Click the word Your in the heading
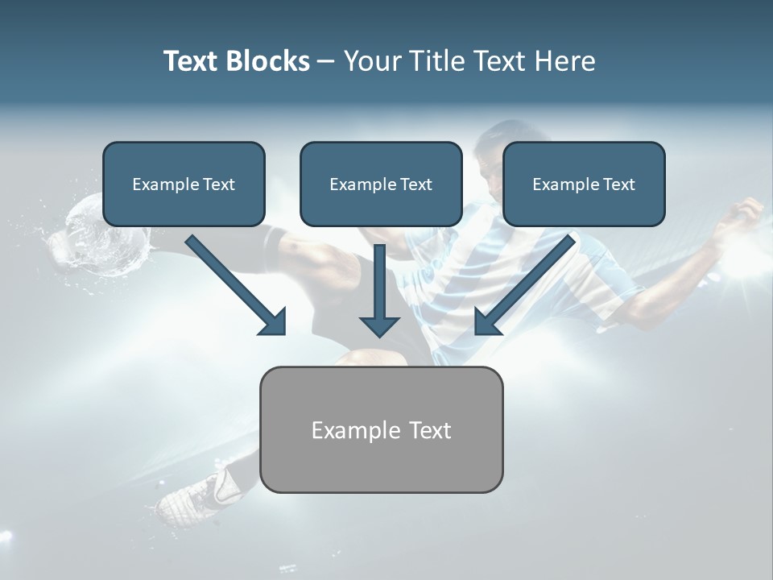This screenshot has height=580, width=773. click(x=372, y=61)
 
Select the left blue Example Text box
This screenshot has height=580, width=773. click(x=184, y=184)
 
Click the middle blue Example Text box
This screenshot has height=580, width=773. click(x=381, y=184)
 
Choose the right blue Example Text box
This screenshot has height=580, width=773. click(x=584, y=184)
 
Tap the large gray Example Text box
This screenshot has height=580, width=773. click(x=381, y=429)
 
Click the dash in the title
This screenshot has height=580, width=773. click(x=327, y=61)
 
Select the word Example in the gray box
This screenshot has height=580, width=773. click(x=347, y=430)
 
